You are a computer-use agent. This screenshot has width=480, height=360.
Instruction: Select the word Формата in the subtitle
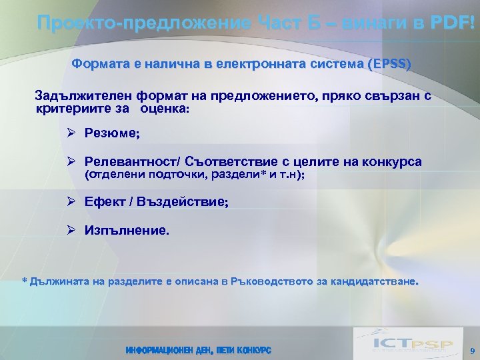point(96,64)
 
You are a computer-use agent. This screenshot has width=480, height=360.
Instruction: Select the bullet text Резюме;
point(112,133)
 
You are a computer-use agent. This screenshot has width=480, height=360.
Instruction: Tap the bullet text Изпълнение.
point(127,231)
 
